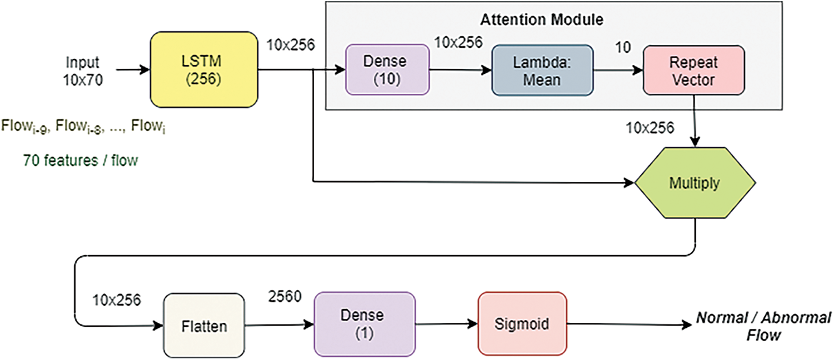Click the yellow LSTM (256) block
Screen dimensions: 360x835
(204, 70)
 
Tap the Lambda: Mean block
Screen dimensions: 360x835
(542, 70)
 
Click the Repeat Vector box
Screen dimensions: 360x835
(694, 70)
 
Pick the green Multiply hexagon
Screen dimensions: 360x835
(695, 183)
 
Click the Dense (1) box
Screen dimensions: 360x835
(365, 324)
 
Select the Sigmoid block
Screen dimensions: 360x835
(522, 324)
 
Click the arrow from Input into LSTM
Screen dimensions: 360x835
(133, 70)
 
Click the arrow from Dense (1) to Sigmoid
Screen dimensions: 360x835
(446, 324)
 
